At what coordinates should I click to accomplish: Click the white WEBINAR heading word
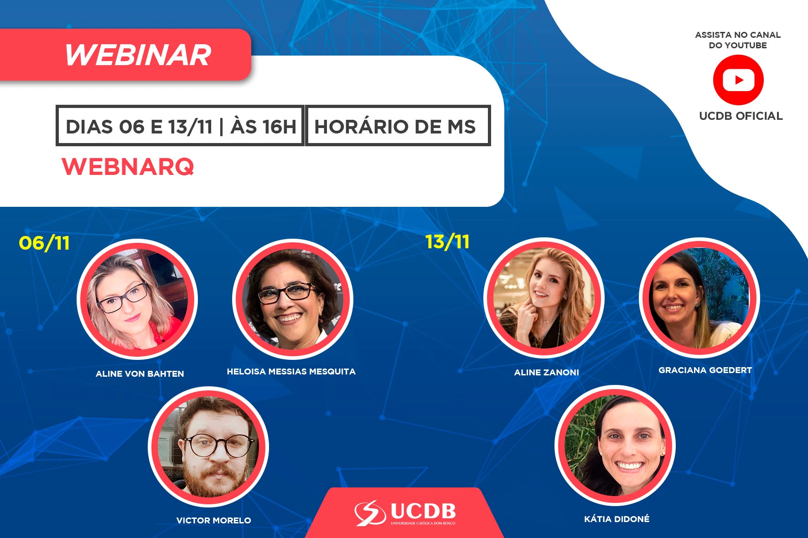pos(138,55)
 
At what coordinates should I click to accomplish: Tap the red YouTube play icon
pos(738,80)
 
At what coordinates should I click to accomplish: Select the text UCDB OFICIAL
pos(741,116)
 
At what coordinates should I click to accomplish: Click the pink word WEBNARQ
pos(128,166)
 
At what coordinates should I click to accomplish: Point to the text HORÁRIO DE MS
pos(395,126)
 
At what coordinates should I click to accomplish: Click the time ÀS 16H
pos(264,126)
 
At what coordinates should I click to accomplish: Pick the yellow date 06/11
pos(44,243)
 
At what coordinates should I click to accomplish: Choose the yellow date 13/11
pos(447,241)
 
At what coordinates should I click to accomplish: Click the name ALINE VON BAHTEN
pos(140,374)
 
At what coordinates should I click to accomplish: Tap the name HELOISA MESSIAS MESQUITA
pos(291,372)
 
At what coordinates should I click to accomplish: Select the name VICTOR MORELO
pos(214,520)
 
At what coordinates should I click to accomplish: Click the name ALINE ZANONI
pos(547,373)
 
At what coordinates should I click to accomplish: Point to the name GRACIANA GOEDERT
pos(705,370)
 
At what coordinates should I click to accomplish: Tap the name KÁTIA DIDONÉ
pos(617,519)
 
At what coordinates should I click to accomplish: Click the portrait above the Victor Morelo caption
pos(208,447)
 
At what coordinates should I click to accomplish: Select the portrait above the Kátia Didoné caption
pos(615,446)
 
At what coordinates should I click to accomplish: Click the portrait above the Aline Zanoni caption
pos(544,298)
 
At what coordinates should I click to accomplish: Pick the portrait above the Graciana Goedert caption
pos(699,298)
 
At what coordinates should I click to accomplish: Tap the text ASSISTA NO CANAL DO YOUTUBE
pos(738,40)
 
